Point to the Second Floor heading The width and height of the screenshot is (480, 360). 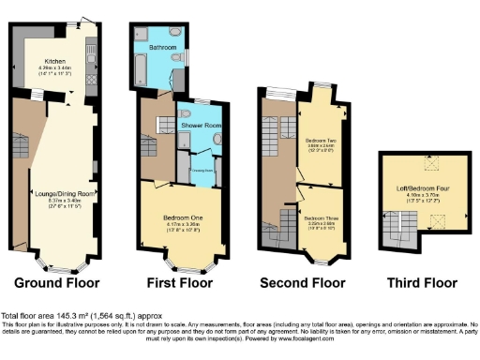tap(302, 282)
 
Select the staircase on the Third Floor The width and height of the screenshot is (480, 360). tap(394, 225)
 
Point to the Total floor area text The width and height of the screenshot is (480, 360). tap(75, 317)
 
